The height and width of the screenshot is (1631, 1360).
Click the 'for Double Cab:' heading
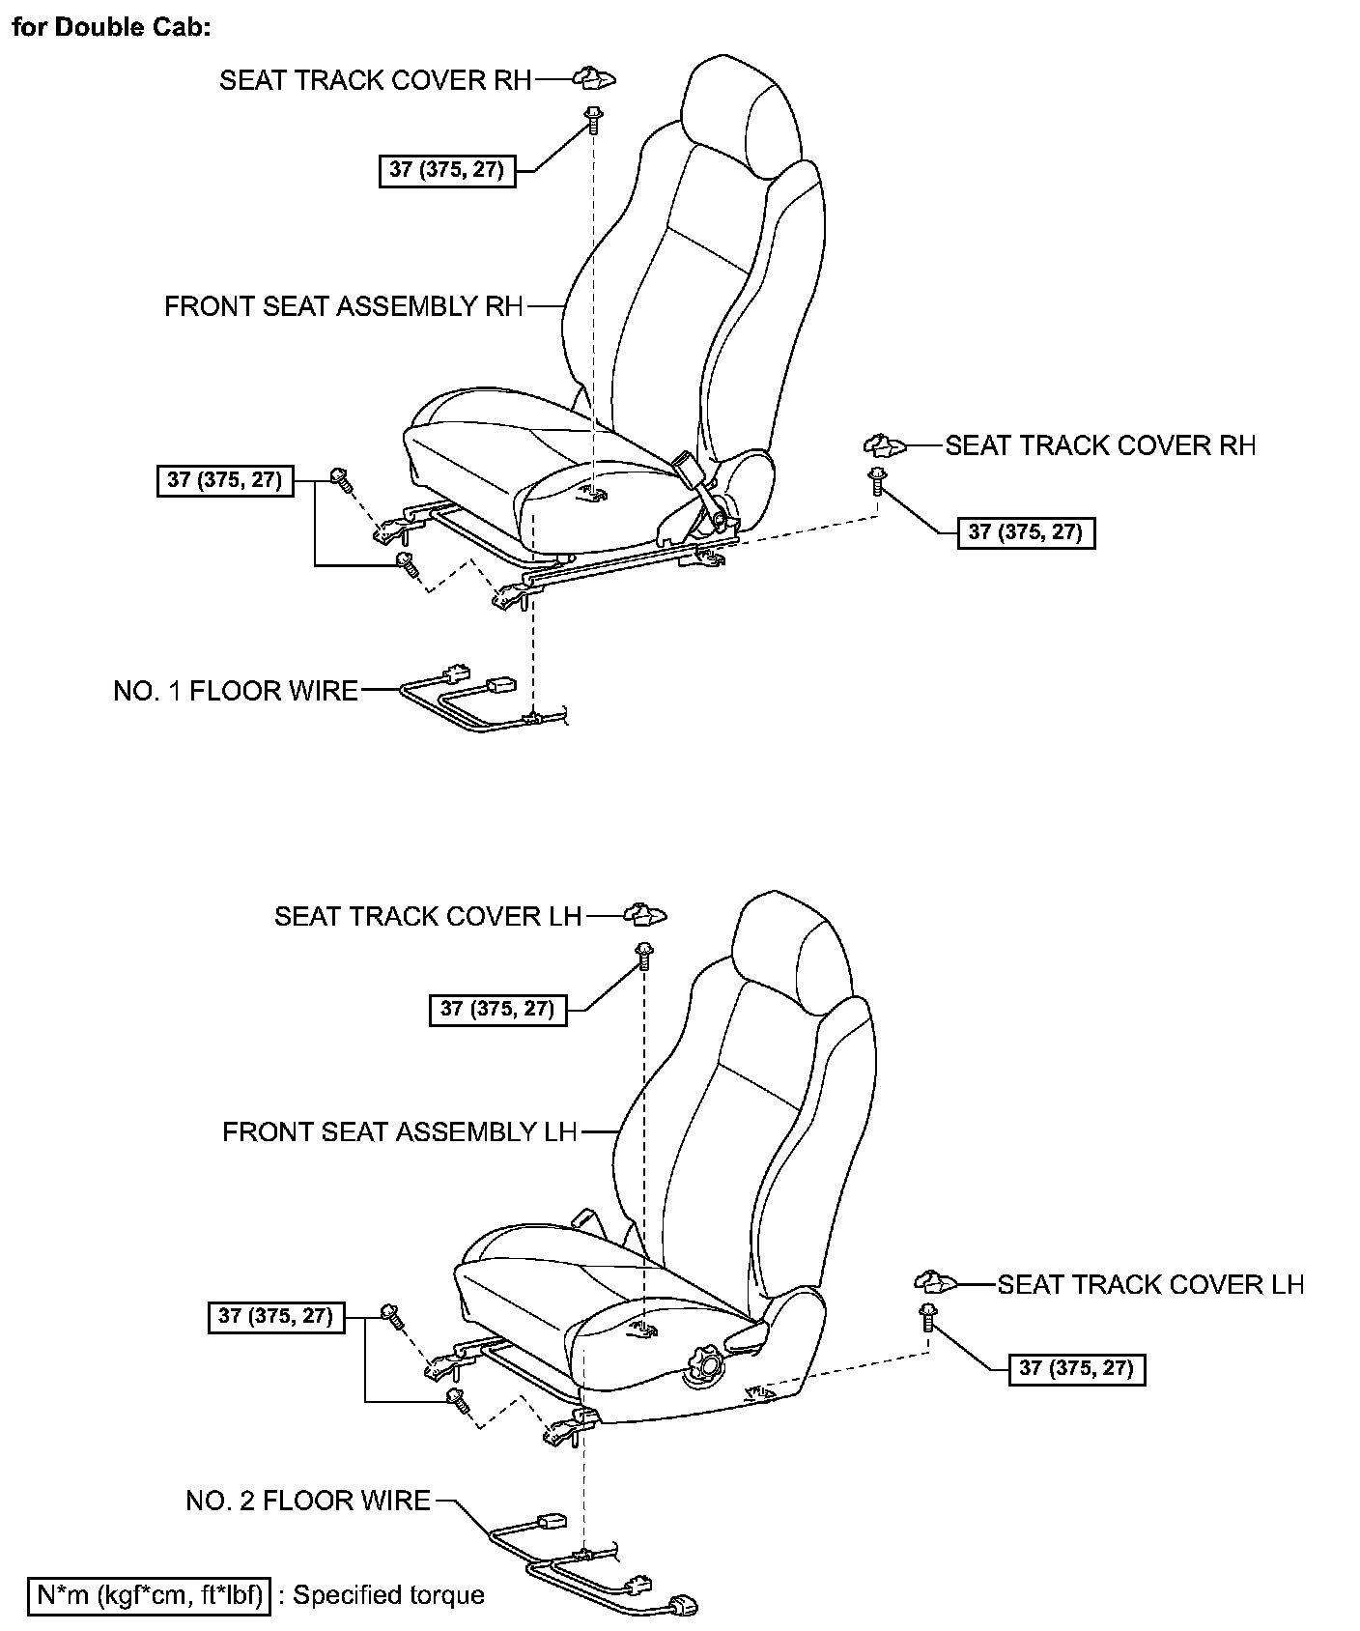111,26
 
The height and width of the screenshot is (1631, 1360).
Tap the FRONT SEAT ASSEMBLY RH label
343,306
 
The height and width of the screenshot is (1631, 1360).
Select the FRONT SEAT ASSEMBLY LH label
399,1131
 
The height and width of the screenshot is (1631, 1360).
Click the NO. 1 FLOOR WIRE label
236,691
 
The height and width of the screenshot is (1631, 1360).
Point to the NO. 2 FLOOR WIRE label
308,1501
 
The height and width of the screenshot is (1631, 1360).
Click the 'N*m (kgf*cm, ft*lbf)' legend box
149,1594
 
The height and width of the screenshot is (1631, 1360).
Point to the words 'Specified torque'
388,1594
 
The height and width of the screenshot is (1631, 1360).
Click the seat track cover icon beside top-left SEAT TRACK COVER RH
596,78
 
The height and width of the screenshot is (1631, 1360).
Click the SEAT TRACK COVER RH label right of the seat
1100,445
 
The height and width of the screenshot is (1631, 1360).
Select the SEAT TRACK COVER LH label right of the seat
1150,1284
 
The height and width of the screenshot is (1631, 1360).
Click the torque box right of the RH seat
1026,532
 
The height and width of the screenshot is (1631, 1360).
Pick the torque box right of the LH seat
1077,1369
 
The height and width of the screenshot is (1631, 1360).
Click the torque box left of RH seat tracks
224,480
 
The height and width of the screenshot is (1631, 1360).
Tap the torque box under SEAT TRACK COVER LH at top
497,1010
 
